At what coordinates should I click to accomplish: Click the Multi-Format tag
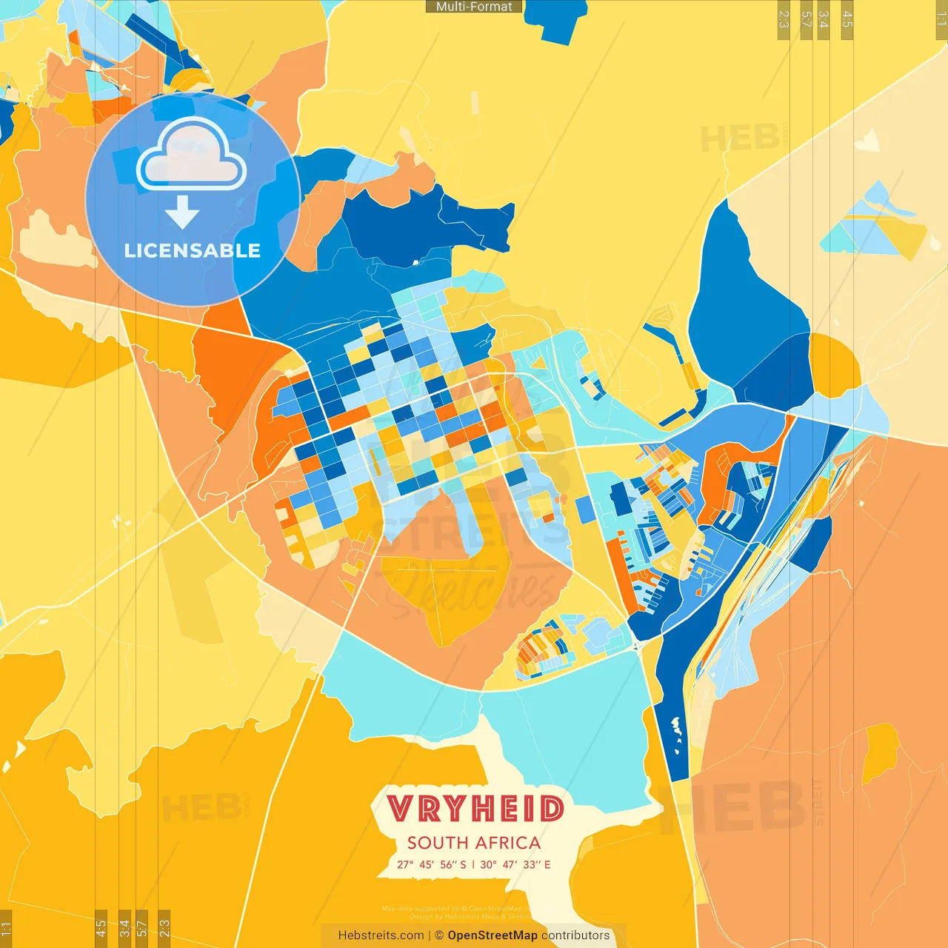point(474,7)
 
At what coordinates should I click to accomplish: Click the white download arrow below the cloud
point(182,212)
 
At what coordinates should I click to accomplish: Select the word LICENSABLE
point(192,250)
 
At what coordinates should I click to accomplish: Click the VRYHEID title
point(475,809)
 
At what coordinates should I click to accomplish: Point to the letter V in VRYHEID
point(400,809)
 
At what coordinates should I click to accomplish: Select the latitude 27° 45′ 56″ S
point(432,864)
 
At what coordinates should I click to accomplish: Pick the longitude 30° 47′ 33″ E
point(515,864)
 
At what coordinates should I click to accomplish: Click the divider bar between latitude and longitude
point(473,864)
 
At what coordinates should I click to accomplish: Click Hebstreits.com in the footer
point(381,935)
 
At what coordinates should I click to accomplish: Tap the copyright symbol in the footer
point(439,935)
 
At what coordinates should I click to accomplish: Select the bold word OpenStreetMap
point(493,935)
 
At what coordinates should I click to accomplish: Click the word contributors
point(575,935)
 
